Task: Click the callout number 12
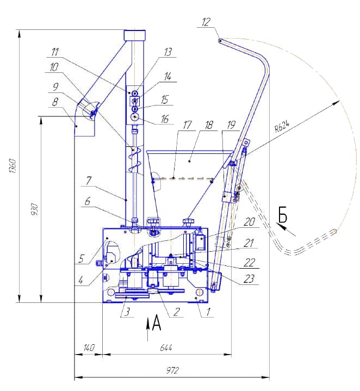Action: (x=206, y=22)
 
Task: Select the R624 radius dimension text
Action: (x=282, y=126)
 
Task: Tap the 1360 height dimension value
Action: (x=13, y=166)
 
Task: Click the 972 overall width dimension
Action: (x=172, y=370)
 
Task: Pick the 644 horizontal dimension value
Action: (x=166, y=347)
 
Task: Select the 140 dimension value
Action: (x=89, y=347)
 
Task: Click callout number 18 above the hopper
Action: (x=209, y=125)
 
